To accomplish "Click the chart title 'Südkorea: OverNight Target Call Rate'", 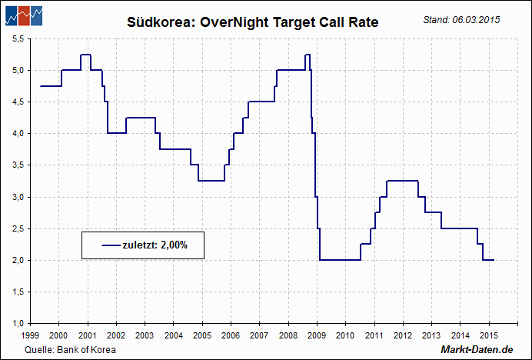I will coord(253,23).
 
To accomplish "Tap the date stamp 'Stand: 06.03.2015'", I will coord(461,19).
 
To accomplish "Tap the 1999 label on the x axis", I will coord(31,335).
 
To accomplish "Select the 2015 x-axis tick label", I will coord(487,335).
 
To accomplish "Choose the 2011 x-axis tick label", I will coord(374,335).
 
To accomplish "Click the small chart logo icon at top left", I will coord(22,14).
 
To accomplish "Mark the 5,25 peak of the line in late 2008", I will coord(308,55).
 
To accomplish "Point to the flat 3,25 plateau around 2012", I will coord(402,181).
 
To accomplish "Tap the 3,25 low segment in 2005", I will coord(211,181).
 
